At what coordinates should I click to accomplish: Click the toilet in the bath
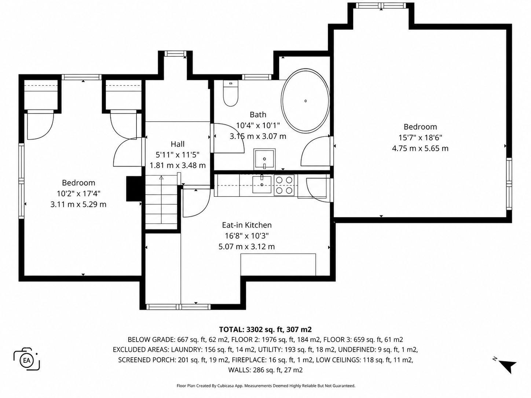tap(231, 93)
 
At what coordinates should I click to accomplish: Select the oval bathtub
tap(305, 100)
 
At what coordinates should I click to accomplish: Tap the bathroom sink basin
tap(264, 159)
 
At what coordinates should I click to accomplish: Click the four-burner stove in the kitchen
tap(284, 185)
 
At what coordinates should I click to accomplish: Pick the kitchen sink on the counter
tap(262, 184)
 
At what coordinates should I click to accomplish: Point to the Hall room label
tap(177, 144)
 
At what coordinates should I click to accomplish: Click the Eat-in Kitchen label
tap(247, 225)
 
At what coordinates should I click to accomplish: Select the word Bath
tap(258, 114)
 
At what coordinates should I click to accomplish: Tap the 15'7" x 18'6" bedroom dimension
tap(420, 137)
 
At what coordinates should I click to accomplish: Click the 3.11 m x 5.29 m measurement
tap(78, 204)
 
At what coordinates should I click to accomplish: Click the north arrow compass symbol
tap(505, 365)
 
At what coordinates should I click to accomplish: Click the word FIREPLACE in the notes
tap(249, 360)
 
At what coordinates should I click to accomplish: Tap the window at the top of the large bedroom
tap(381, 5)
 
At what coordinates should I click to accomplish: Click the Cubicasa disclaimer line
tap(266, 386)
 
